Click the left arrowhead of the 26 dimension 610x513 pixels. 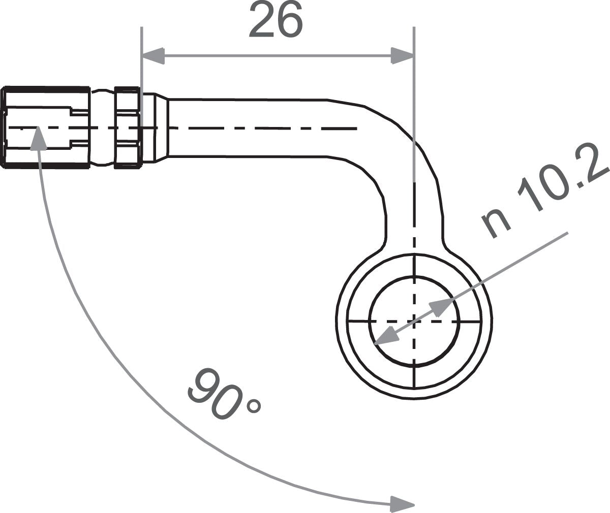pos(154,56)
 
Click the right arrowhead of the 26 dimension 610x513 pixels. pos(402,56)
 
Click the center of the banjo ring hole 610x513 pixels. pos(414,321)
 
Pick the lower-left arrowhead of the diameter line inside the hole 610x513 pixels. pos(385,337)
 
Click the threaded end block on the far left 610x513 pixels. pos(46,127)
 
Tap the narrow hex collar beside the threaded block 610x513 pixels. pos(127,127)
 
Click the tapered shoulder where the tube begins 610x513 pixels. pos(161,127)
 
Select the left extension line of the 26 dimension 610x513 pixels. pos(142,76)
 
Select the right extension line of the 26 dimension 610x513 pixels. pos(414,91)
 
